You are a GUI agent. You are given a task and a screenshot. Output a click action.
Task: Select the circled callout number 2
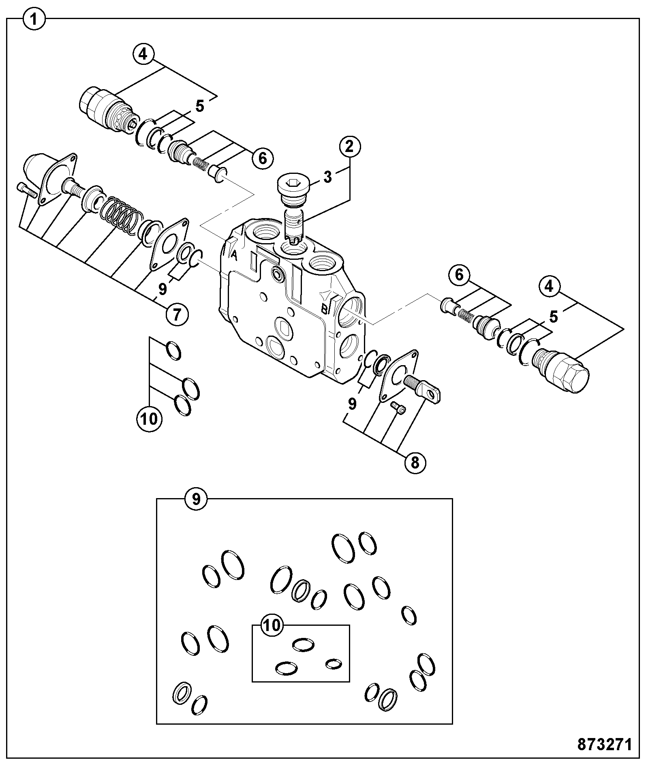pos(349,147)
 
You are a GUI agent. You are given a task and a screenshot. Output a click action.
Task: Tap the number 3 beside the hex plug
pos(328,177)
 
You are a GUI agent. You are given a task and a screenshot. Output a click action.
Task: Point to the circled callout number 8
pos(415,462)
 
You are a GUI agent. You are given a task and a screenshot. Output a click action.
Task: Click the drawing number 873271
pos(604,744)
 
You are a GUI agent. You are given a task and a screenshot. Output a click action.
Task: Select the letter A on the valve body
pos(234,255)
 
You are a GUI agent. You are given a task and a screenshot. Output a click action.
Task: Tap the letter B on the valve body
pos(325,309)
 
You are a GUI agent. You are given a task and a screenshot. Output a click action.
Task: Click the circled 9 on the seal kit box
pos(196,499)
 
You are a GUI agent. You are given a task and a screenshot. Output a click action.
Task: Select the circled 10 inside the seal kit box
pos(272,625)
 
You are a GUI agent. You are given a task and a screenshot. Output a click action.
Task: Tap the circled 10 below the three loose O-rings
pos(150,418)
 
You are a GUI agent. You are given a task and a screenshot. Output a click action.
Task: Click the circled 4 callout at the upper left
pos(143,54)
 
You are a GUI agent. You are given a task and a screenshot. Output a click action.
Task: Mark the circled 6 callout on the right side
pos(459,275)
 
